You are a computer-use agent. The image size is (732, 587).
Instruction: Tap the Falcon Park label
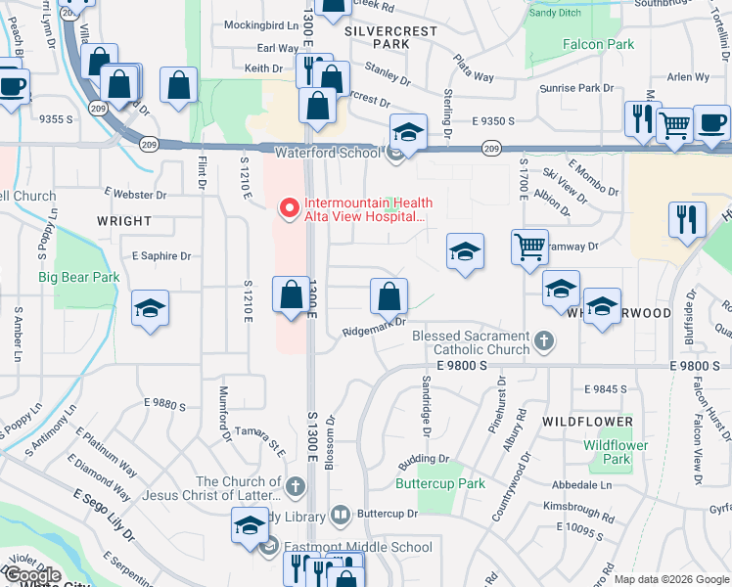[598, 45]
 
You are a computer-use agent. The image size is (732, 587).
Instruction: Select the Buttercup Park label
[440, 483]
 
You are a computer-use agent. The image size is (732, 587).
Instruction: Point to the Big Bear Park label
[79, 277]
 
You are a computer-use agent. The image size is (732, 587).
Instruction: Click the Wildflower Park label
[616, 452]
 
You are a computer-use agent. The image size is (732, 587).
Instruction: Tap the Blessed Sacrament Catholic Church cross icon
[545, 341]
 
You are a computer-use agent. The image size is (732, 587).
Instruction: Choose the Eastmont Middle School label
[356, 547]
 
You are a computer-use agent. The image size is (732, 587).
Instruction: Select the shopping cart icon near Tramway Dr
[529, 247]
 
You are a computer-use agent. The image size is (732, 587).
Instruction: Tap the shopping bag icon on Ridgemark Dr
[389, 296]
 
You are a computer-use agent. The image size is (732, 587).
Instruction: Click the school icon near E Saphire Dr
[151, 309]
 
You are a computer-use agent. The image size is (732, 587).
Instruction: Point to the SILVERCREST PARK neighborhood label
[391, 37]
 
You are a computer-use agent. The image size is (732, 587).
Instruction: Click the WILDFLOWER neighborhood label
[588, 422]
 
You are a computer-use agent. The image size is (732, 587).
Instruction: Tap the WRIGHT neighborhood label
[124, 221]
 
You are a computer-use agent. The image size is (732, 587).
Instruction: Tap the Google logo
[32, 575]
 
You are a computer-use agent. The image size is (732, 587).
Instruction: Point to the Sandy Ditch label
[555, 13]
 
